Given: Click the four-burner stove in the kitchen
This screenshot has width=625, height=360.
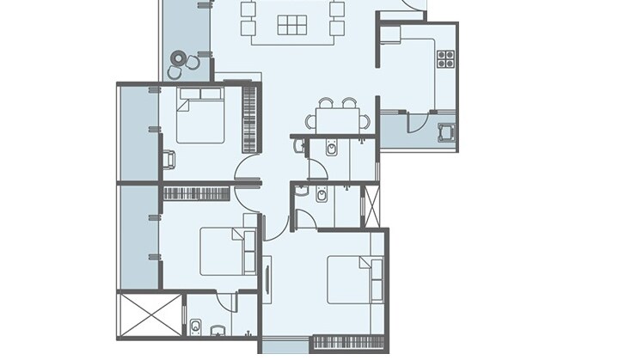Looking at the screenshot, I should [x=445, y=58].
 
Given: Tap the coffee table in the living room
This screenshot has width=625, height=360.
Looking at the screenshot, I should [x=292, y=26].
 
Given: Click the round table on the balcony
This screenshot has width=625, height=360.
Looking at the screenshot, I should [x=179, y=59].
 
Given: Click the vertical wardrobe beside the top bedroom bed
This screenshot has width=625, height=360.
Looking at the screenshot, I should [x=250, y=117].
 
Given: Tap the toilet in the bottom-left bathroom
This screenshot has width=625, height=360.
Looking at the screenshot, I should [x=196, y=326].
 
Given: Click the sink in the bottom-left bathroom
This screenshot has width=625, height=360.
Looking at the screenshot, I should [x=218, y=329].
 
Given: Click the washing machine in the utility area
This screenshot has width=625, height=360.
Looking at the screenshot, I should [x=445, y=132].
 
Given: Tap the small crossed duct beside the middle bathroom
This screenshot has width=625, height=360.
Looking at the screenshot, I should [x=372, y=205].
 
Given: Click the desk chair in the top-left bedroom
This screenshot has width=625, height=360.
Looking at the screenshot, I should [x=169, y=159].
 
